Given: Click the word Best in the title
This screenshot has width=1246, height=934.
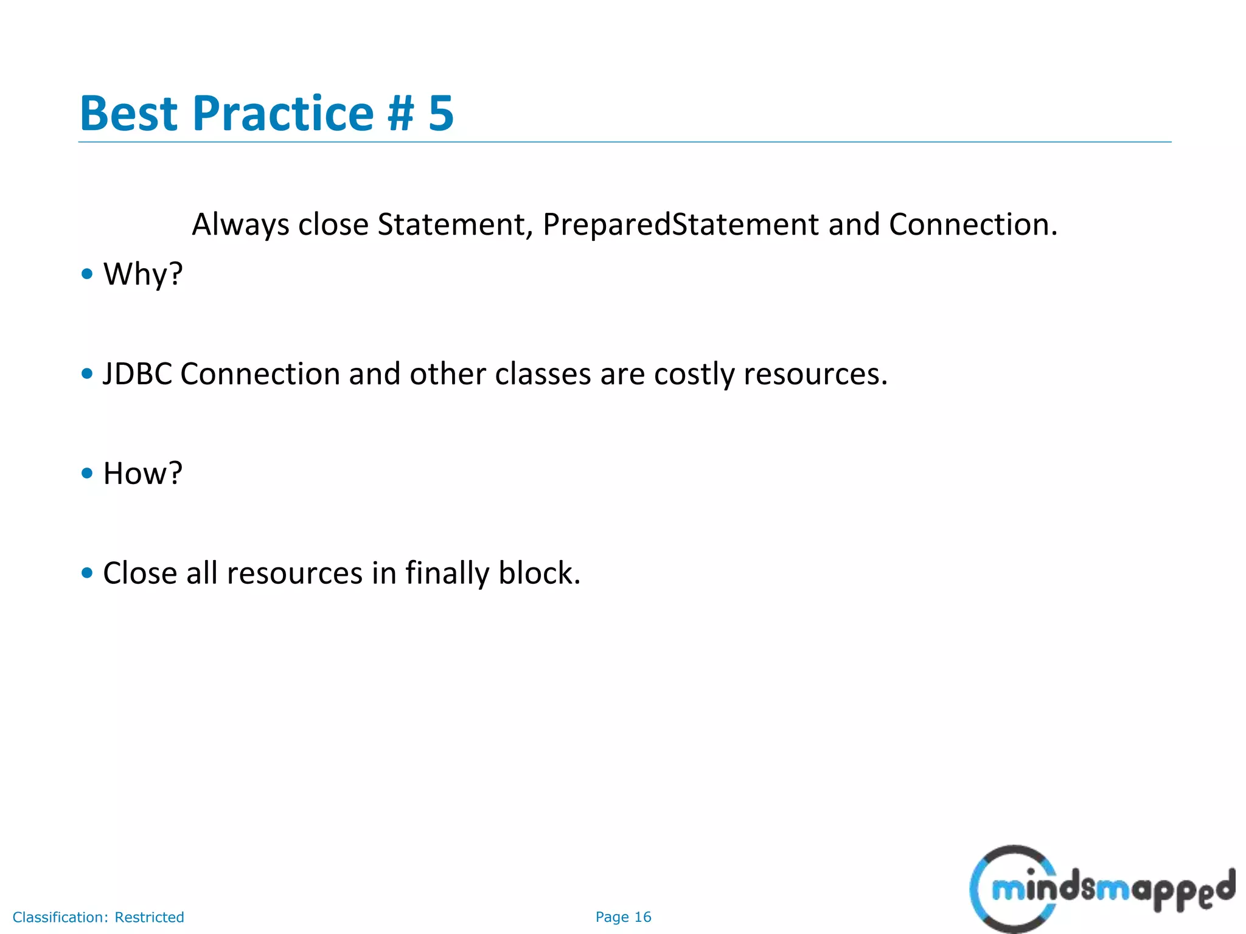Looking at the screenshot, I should pyautogui.click(x=128, y=114).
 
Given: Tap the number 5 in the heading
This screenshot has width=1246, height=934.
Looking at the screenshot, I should pyautogui.click(x=440, y=114).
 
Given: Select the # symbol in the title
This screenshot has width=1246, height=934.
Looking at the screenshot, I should pyautogui.click(x=400, y=114).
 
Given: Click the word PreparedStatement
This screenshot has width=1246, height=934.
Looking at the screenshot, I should pyautogui.click(x=680, y=225).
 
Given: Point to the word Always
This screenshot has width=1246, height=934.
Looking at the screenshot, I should pyautogui.click(x=240, y=225).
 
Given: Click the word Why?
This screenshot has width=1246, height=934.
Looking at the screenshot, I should pyautogui.click(x=143, y=274).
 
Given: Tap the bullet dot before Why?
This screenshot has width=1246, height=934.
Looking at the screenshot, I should pyautogui.click(x=87, y=274).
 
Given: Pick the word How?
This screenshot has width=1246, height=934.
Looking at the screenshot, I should pyautogui.click(x=143, y=474).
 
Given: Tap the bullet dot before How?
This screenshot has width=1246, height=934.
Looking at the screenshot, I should pyautogui.click(x=87, y=473).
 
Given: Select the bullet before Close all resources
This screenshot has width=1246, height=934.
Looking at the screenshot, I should pyautogui.click(x=87, y=573).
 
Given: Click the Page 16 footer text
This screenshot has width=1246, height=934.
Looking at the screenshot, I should pyautogui.click(x=623, y=917).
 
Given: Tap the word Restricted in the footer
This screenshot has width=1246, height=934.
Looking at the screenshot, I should pyautogui.click(x=149, y=917).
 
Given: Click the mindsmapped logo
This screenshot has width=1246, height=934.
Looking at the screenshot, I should pyautogui.click(x=1101, y=889).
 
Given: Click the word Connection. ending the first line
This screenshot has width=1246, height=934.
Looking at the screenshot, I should pyautogui.click(x=973, y=225).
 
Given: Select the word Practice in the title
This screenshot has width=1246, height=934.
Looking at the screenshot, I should pyautogui.click(x=283, y=114).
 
